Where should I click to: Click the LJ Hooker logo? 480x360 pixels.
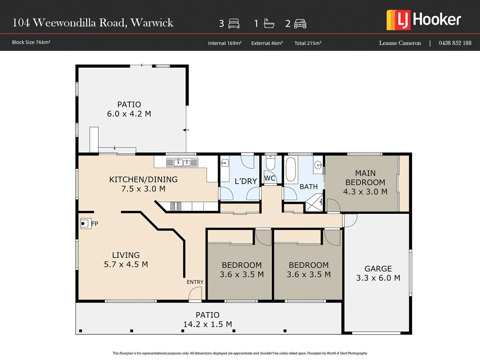[424, 20]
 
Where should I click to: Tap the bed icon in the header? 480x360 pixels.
[234, 23]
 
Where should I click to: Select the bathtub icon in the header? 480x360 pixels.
[269, 23]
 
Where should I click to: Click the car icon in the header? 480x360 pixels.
[300, 24]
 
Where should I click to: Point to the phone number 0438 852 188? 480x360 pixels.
[455, 43]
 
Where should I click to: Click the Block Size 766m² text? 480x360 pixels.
[31, 42]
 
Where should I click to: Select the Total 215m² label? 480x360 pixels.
[308, 43]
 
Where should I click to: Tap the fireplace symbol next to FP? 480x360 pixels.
[85, 223]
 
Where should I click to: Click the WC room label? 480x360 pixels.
[270, 178]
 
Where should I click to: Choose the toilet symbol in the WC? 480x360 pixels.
[270, 163]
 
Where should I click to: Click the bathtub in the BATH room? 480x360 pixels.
[291, 169]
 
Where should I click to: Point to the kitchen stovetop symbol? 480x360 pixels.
[176, 206]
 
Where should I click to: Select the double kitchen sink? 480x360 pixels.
[182, 162]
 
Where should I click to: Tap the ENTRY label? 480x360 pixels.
[195, 282]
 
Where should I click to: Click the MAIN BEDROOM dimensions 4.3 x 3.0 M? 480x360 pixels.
[365, 192]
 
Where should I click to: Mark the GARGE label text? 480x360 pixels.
[378, 269]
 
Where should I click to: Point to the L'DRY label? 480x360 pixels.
[246, 181]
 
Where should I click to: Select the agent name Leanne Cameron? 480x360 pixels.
[400, 43]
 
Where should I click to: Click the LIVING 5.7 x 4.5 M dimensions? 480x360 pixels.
[126, 264]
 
